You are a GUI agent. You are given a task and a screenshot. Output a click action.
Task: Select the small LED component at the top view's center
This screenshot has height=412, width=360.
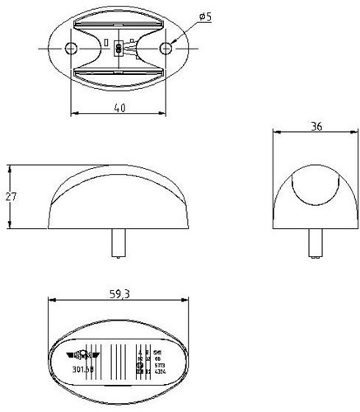coord(120,47)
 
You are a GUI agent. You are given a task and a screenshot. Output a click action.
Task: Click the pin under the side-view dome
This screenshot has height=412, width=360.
coord(118,242)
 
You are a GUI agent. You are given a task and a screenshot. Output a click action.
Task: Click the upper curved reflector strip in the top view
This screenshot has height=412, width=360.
coord(119,20)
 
